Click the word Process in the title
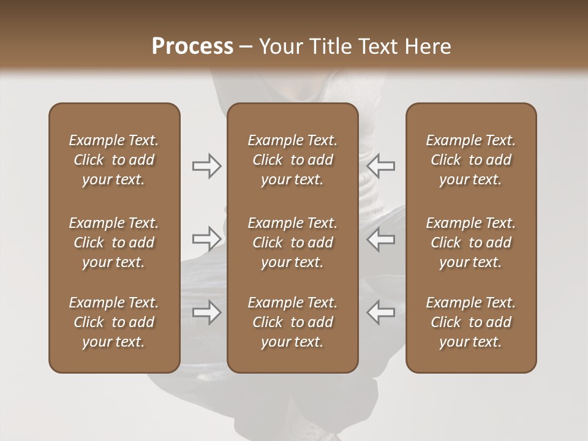192,47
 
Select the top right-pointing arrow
206,166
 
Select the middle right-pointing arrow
206,238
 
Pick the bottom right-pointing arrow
206,312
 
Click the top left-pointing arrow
381,166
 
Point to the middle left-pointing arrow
381,238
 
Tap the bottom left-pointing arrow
381,312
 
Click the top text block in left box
114,160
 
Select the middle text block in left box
114,243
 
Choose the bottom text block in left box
114,322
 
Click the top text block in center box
292,160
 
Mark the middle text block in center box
292,243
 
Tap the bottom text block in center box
292,322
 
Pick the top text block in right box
470,160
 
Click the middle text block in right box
470,243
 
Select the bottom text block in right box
470,322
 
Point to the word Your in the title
279,47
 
